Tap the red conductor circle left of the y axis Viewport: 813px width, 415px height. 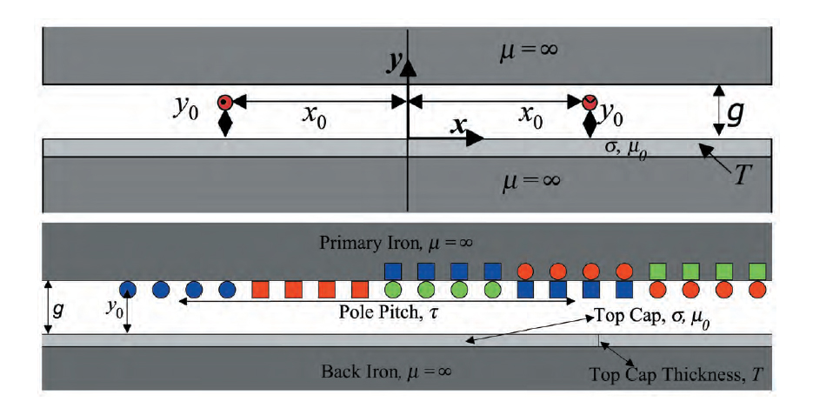click(x=225, y=102)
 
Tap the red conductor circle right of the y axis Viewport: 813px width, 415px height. click(x=590, y=102)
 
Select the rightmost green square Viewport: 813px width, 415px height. click(x=756, y=271)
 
